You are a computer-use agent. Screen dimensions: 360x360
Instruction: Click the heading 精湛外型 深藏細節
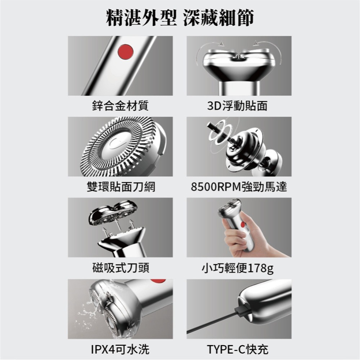click(x=180, y=18)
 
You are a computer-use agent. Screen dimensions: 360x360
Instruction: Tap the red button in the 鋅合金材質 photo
click(x=125, y=52)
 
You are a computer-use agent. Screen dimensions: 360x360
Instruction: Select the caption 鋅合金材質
click(x=120, y=105)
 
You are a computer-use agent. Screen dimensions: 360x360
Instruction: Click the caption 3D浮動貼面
click(x=239, y=105)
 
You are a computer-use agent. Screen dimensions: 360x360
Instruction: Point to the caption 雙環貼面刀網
click(x=120, y=186)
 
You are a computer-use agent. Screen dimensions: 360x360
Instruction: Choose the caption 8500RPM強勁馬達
click(x=239, y=186)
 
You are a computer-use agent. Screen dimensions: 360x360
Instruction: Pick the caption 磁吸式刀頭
click(x=120, y=267)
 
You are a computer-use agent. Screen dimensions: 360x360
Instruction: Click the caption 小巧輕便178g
click(x=239, y=268)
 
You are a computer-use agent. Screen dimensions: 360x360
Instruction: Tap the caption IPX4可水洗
click(x=120, y=348)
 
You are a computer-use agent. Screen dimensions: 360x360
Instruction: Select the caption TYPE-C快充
click(x=239, y=348)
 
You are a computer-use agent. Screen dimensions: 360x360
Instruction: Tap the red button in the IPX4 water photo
click(x=158, y=281)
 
